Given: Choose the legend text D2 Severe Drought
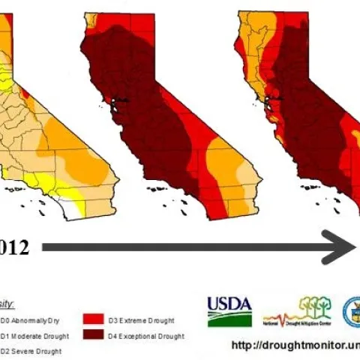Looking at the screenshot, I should [30, 351].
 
